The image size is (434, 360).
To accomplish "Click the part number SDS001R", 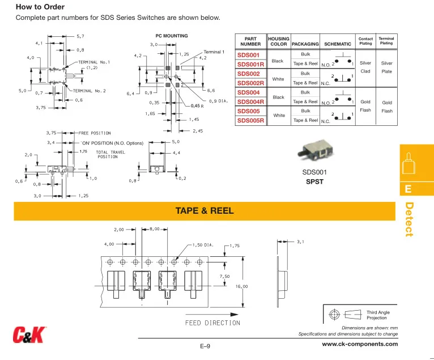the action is [x=250, y=64].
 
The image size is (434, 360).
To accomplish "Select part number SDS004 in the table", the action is [x=248, y=92].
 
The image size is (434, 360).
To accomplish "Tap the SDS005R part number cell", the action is [x=250, y=120].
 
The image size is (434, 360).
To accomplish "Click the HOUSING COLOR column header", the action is [x=279, y=41].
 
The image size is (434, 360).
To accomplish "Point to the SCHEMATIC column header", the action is [x=338, y=44].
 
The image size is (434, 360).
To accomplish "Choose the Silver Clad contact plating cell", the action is [x=365, y=67].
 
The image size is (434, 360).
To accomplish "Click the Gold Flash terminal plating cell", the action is [x=387, y=107].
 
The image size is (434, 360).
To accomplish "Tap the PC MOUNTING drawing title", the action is [x=172, y=36].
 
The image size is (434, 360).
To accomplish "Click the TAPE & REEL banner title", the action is [x=205, y=211].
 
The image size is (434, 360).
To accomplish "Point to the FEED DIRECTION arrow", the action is [x=212, y=314].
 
